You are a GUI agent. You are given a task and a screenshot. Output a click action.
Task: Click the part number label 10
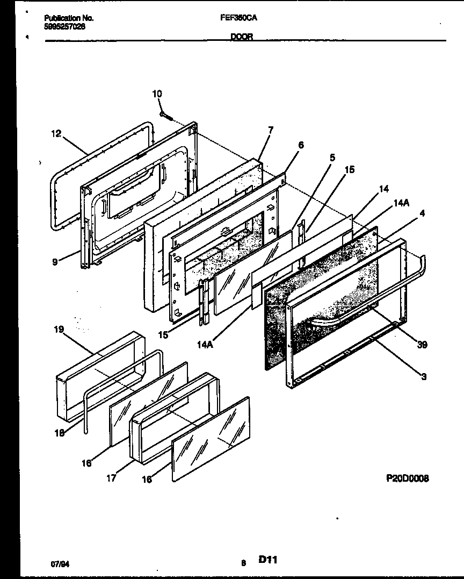(x=156, y=94)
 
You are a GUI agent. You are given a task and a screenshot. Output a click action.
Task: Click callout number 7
(x=271, y=130)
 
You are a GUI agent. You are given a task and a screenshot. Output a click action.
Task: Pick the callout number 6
(x=301, y=145)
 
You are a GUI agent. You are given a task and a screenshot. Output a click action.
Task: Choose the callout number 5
(x=332, y=158)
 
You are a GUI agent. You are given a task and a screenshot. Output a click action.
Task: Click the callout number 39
(x=422, y=345)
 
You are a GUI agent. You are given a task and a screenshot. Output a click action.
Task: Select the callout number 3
(x=424, y=377)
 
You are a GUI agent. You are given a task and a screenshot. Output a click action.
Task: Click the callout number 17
(x=111, y=478)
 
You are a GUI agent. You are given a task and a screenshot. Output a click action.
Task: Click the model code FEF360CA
(x=238, y=17)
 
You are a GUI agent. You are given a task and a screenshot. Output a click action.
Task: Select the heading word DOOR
(x=242, y=37)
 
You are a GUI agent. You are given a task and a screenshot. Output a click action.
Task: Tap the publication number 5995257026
(x=64, y=26)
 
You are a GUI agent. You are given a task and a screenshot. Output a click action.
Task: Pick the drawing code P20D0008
(x=407, y=478)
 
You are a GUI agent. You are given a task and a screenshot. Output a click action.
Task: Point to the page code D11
(x=268, y=560)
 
